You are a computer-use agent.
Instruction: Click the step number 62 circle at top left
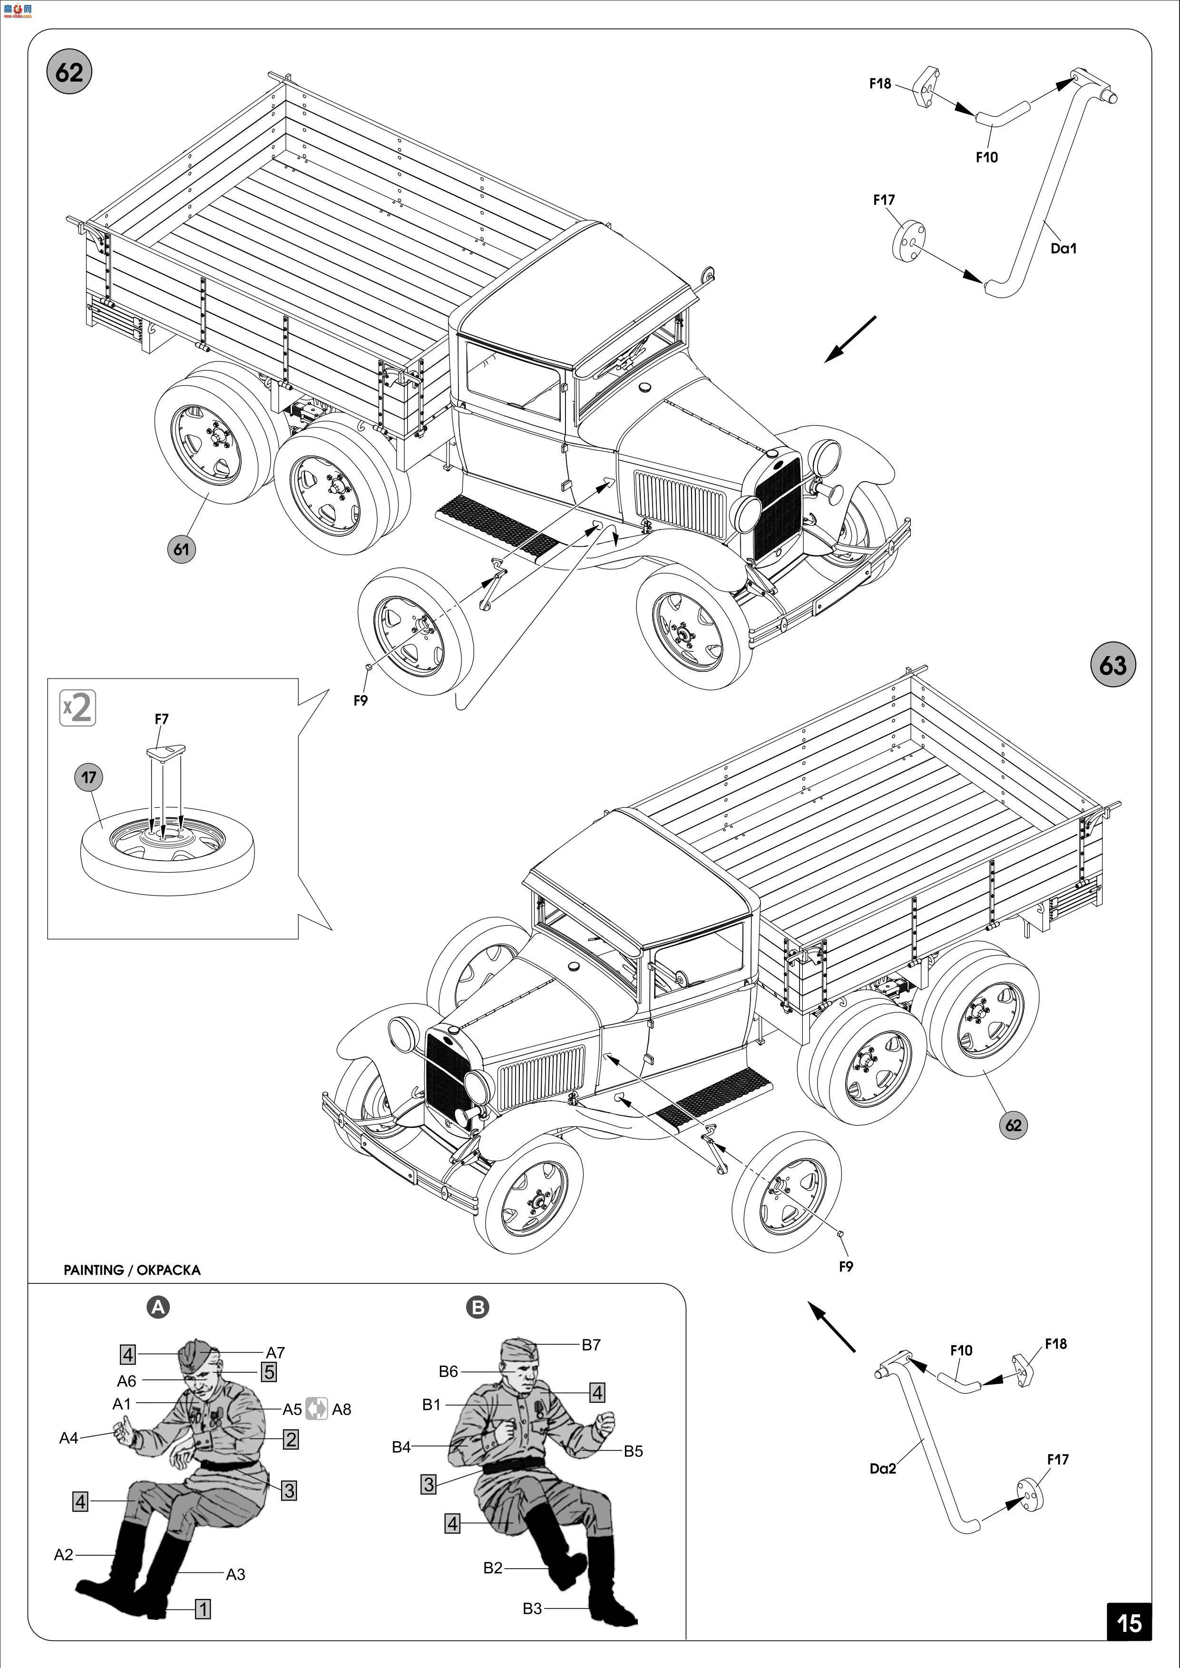click(x=69, y=73)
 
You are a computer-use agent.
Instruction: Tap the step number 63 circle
click(x=1112, y=665)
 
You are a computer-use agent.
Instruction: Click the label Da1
click(x=1063, y=249)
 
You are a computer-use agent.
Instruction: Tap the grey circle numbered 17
click(x=88, y=777)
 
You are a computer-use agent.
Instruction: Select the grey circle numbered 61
click(x=181, y=549)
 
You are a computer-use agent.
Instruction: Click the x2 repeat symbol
click(x=78, y=708)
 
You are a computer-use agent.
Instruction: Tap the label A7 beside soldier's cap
click(x=275, y=1353)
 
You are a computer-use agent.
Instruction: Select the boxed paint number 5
click(x=269, y=1372)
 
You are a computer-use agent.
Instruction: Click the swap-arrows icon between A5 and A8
click(x=316, y=1409)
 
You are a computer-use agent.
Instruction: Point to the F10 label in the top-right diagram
click(x=987, y=157)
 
